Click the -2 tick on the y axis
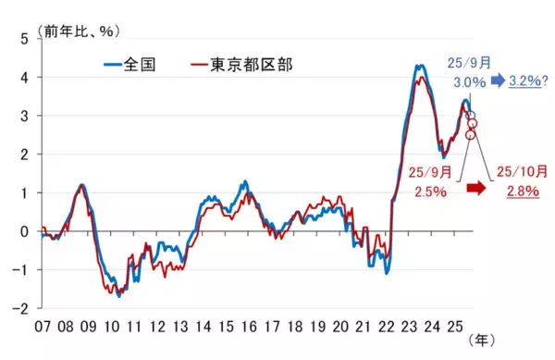click(20, 307)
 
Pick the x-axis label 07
click(43, 328)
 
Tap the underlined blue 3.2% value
click(526, 81)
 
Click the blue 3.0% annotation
click(470, 82)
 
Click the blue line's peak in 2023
click(419, 66)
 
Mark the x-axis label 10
click(111, 328)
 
